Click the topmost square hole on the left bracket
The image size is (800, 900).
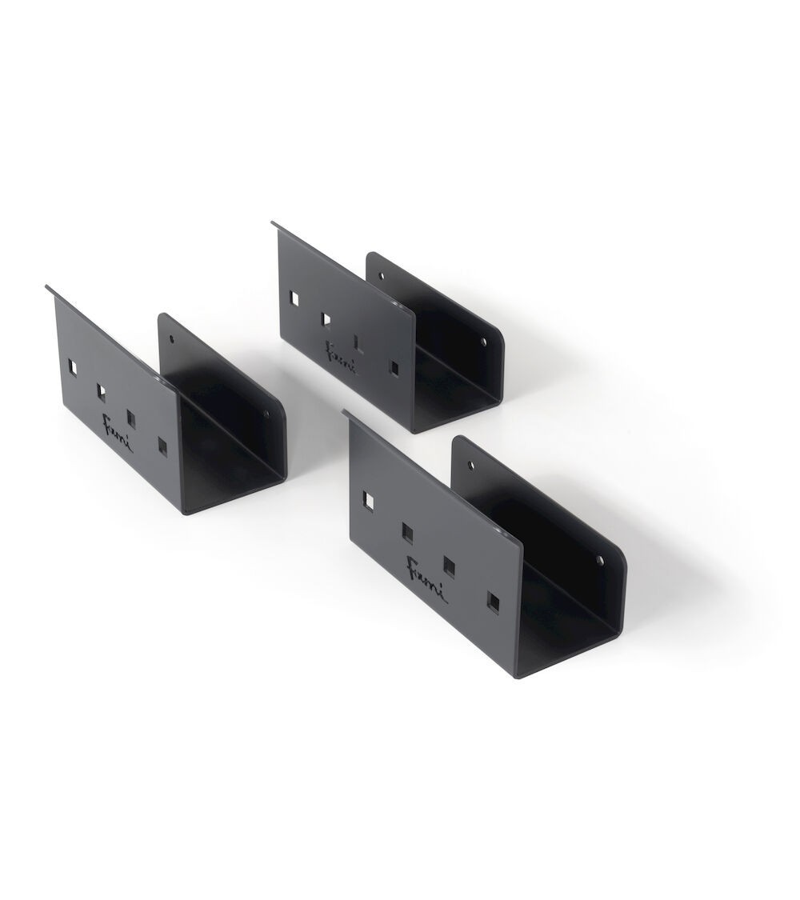(74, 367)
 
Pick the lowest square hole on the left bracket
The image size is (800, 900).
(163, 446)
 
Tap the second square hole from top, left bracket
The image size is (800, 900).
(102, 392)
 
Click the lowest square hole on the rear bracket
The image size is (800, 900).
(394, 366)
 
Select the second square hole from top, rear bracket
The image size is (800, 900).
(326, 319)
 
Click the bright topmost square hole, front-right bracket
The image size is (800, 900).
(368, 500)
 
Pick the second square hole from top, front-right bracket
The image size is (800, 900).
(407, 531)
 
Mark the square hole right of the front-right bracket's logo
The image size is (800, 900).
(450, 566)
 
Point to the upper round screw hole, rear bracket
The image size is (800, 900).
(381, 275)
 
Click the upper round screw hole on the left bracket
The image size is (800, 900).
(172, 338)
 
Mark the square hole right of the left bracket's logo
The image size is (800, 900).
(132, 419)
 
